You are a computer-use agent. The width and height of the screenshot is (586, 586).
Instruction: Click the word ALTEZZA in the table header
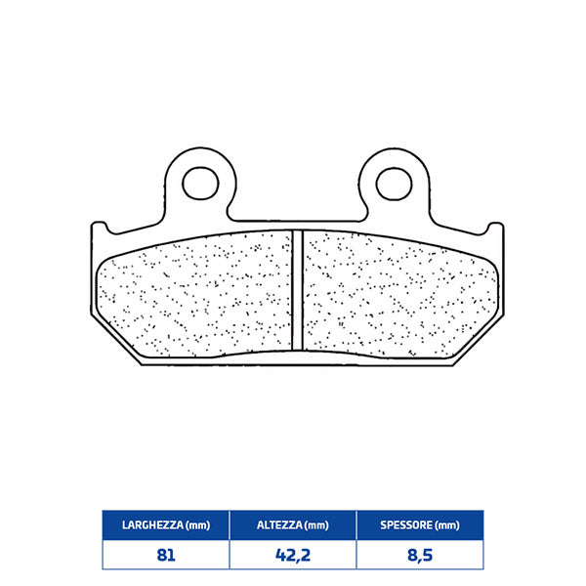[x=275, y=524]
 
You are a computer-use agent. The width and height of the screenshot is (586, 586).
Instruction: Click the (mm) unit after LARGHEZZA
[x=196, y=524]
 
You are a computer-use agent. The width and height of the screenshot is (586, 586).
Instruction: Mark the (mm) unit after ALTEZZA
[x=316, y=524]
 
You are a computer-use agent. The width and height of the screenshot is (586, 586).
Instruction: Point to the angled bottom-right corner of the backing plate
[x=481, y=342]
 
